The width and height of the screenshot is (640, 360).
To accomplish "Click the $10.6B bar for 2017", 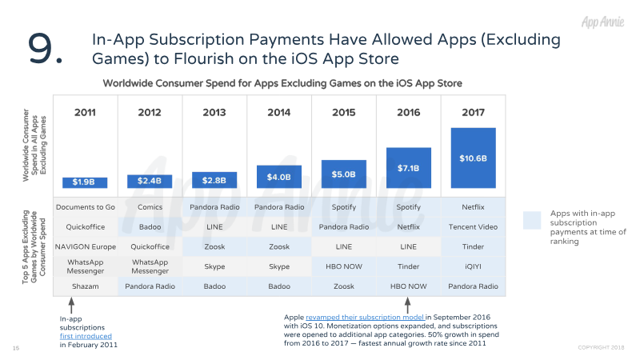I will point(473,158).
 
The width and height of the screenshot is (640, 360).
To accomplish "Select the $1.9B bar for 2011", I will point(85,182).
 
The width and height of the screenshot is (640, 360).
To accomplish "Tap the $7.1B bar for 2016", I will point(408,168).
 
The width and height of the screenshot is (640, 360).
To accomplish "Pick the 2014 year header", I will point(279,112).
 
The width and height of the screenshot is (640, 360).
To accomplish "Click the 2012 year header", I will point(150,112).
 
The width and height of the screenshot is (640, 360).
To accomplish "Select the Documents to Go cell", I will point(85,207).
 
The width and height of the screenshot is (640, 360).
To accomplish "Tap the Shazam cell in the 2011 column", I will point(85,286).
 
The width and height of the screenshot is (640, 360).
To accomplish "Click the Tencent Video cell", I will point(473,226).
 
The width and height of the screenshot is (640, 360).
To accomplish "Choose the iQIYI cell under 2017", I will point(473,266).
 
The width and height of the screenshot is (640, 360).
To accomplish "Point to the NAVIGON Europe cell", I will point(85,246).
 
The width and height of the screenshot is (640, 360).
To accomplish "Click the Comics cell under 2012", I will point(150,207).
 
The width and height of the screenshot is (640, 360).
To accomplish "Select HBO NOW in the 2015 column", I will point(343,266).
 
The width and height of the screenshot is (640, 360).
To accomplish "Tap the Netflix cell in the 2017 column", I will point(473,207).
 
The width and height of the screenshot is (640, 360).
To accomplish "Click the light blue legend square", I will point(533,221).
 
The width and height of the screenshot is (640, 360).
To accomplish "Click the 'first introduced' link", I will point(86,337).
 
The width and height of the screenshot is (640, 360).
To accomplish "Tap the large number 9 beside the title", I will point(46,49).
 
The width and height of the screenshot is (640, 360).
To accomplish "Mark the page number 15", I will point(16,348).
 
